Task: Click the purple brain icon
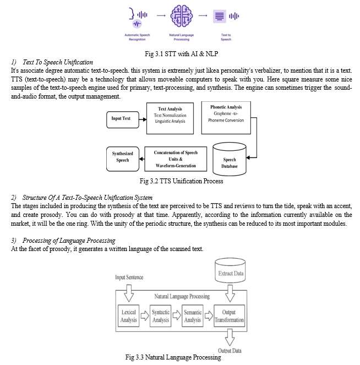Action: click(182, 16)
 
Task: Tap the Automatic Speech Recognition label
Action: click(137, 37)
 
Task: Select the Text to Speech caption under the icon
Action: click(226, 37)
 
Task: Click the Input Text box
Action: click(123, 119)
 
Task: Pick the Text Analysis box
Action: click(170, 118)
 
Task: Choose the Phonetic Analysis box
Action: click(226, 118)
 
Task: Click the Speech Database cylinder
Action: click(230, 159)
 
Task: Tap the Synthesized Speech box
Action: click(123, 159)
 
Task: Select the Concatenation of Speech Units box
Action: click(176, 159)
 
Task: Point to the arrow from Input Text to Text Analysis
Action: click(143, 119)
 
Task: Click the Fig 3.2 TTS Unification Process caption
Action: click(181, 181)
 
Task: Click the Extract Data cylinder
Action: click(230, 270)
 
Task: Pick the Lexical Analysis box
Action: click(128, 316)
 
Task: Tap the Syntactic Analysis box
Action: click(161, 316)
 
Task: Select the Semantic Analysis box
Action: click(193, 316)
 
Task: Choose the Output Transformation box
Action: click(229, 316)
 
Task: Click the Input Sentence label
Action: click(129, 277)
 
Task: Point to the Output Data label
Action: click(230, 351)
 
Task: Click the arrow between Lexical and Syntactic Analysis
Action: click(145, 315)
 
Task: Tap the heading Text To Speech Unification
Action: click(58, 62)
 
